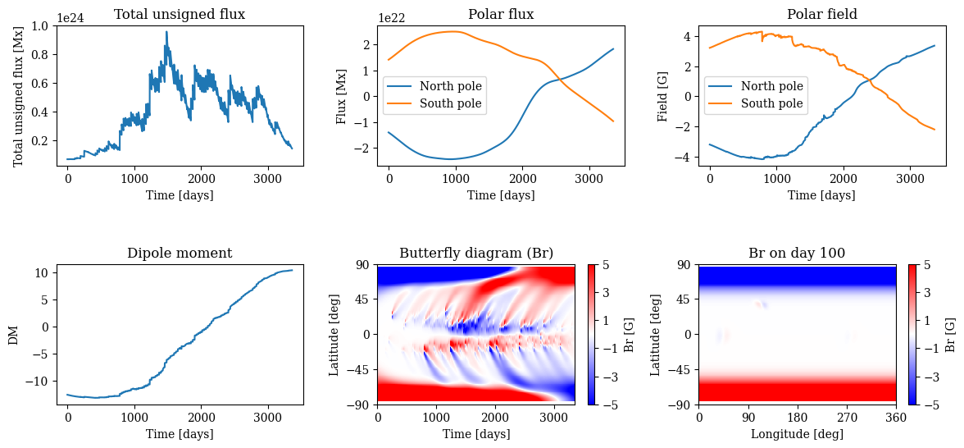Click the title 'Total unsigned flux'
click(x=180, y=14)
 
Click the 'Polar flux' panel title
click(x=501, y=14)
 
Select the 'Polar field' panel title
click(x=822, y=14)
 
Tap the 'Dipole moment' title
click(x=180, y=254)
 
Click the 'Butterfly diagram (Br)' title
click(x=476, y=254)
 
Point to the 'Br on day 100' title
click(x=797, y=254)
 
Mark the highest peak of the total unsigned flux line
click(x=166, y=32)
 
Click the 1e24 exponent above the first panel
click(x=70, y=17)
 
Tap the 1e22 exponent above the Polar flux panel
click(x=391, y=17)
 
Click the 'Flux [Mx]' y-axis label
click(x=342, y=96)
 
